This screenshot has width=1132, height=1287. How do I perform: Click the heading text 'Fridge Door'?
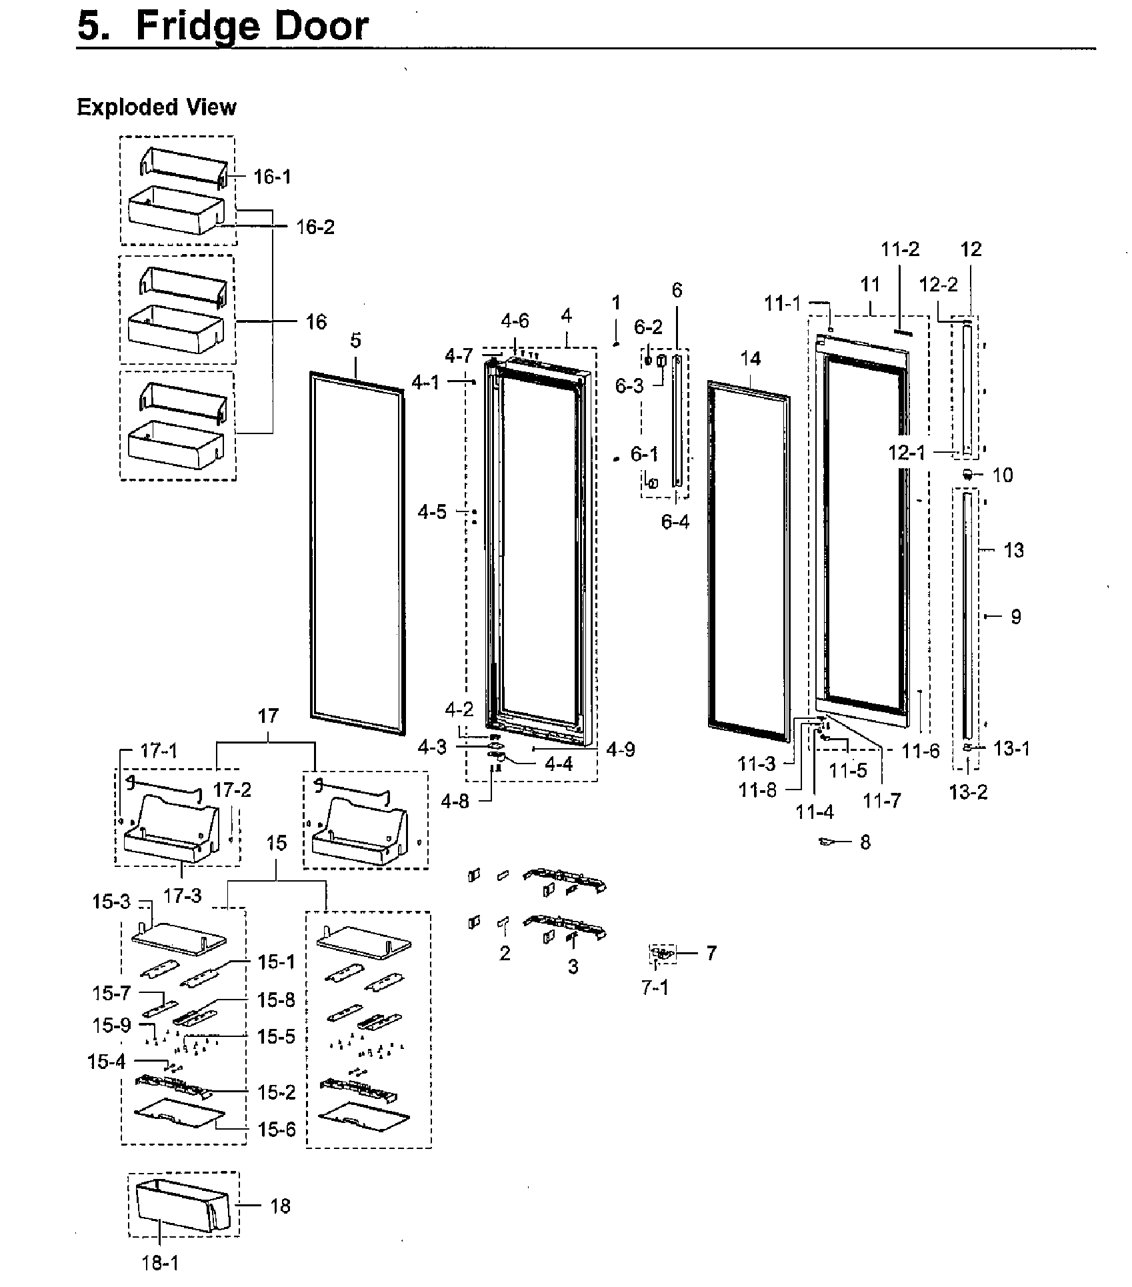tap(252, 27)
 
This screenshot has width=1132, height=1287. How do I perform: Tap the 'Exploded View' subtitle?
tap(157, 107)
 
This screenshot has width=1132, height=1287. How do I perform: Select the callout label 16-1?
tap(272, 177)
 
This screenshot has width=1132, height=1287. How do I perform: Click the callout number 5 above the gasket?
tap(355, 340)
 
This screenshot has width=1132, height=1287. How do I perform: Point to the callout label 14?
tap(750, 359)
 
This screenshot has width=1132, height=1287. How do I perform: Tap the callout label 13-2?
tap(968, 792)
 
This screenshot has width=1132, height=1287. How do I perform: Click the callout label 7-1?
tap(655, 988)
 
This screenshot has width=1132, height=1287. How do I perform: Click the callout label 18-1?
tap(161, 1263)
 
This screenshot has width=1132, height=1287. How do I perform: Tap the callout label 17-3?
tap(183, 896)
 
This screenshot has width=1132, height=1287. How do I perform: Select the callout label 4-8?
tap(455, 801)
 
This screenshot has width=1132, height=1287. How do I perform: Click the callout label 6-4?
tap(675, 522)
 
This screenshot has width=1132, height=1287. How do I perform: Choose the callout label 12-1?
tap(907, 453)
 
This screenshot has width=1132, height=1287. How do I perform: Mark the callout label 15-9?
tap(112, 1025)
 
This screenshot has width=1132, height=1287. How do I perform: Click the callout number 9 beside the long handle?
tap(1015, 617)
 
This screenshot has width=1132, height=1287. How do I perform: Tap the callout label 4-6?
tap(515, 321)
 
